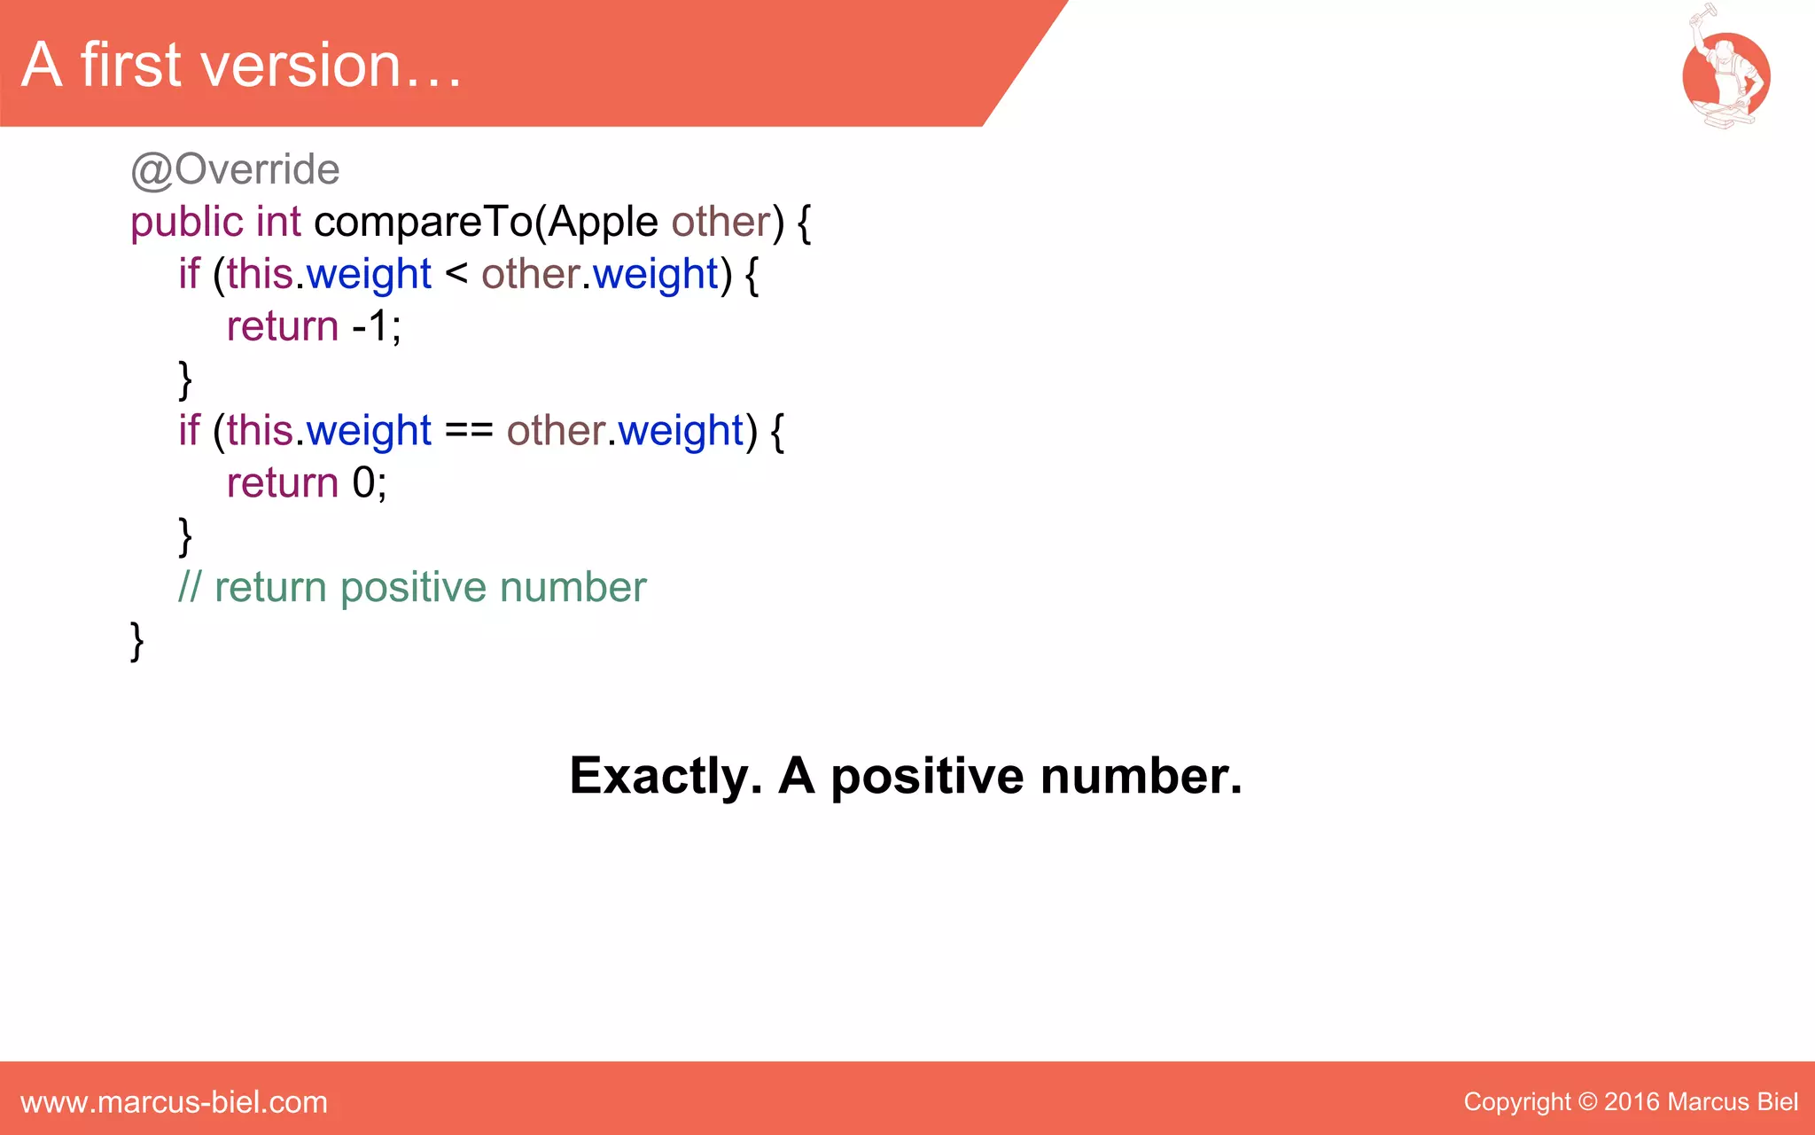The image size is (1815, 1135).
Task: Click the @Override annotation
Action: click(x=235, y=169)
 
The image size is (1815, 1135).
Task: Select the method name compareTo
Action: click(x=423, y=222)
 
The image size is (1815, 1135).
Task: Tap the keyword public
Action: click(x=186, y=222)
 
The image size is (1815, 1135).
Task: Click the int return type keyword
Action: click(x=278, y=222)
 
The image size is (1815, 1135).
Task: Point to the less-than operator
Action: click(x=456, y=272)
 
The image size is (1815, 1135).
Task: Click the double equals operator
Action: click(x=469, y=430)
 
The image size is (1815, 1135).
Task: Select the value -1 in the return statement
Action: click(x=370, y=326)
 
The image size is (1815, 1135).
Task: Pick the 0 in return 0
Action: click(x=363, y=483)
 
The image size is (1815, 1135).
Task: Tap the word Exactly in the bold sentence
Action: click(x=666, y=776)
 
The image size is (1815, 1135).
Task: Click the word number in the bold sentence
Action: click(x=1140, y=776)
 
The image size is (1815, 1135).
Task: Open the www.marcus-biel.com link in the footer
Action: click(x=174, y=1102)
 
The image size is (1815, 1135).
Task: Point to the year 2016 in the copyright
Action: click(x=1632, y=1102)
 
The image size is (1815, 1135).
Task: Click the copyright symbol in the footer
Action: click(x=1588, y=1102)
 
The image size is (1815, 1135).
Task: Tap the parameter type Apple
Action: click(x=603, y=222)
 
